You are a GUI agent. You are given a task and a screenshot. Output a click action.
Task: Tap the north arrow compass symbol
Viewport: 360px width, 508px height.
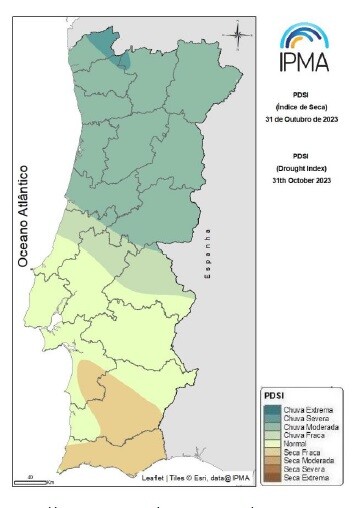tap(238, 38)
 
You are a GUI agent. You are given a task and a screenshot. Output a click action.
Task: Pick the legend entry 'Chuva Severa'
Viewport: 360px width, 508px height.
tap(305, 418)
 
